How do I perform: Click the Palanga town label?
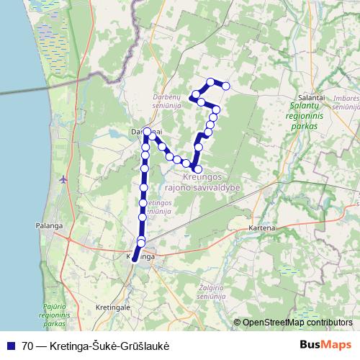coord(45,225)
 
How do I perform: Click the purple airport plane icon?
coord(65,179)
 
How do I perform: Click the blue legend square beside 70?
coord(11,346)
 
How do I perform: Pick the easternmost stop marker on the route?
coord(226,86)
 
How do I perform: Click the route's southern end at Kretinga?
coord(134,261)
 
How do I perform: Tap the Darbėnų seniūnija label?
coord(166,101)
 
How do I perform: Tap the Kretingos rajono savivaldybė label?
coord(202,182)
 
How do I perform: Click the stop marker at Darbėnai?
coord(148,132)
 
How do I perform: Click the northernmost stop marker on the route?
coord(210,81)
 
